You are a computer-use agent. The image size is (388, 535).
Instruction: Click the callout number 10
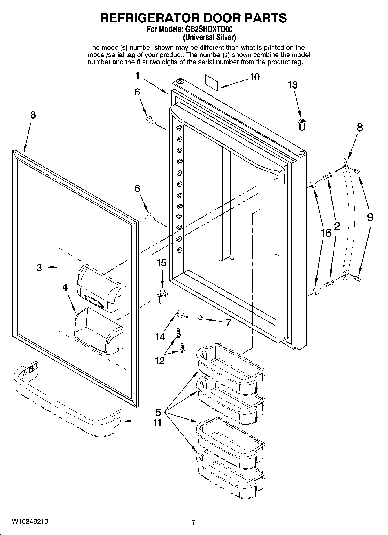[255, 77]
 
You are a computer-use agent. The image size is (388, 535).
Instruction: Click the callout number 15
[161, 263]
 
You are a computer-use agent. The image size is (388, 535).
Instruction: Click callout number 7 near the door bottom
[228, 323]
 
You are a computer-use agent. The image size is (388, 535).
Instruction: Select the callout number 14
[160, 337]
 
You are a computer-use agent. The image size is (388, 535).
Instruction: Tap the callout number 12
[160, 361]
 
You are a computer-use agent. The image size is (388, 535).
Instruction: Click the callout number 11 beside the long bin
[157, 422]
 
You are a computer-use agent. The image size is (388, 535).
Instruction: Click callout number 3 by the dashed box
[39, 268]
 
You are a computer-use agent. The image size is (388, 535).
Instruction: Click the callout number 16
[326, 233]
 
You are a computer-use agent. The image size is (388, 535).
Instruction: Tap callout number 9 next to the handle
[370, 218]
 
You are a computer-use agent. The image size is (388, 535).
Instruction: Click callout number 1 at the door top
[138, 76]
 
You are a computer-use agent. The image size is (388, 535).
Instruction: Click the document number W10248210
[30, 522]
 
